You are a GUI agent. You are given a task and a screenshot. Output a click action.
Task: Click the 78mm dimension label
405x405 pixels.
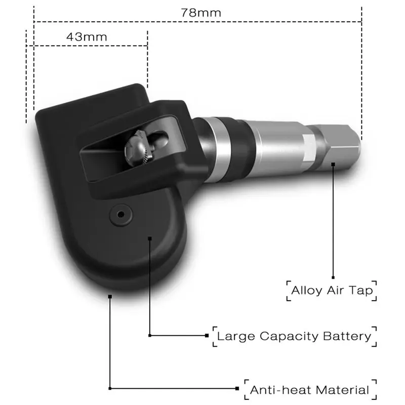201,13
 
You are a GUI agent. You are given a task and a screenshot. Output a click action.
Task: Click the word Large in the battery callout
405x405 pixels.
236,336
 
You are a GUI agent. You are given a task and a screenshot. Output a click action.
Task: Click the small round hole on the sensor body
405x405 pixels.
120,214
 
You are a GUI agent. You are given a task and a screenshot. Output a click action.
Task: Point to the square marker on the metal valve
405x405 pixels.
333,164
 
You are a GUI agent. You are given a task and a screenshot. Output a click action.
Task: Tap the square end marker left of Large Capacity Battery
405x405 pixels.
207,335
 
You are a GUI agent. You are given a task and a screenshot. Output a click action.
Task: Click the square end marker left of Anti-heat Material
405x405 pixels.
237,389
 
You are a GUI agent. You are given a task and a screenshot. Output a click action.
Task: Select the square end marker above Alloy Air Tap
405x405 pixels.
333,277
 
